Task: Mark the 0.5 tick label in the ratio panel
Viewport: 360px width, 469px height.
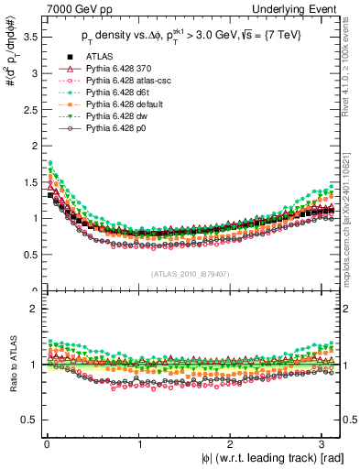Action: coord(28,420)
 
